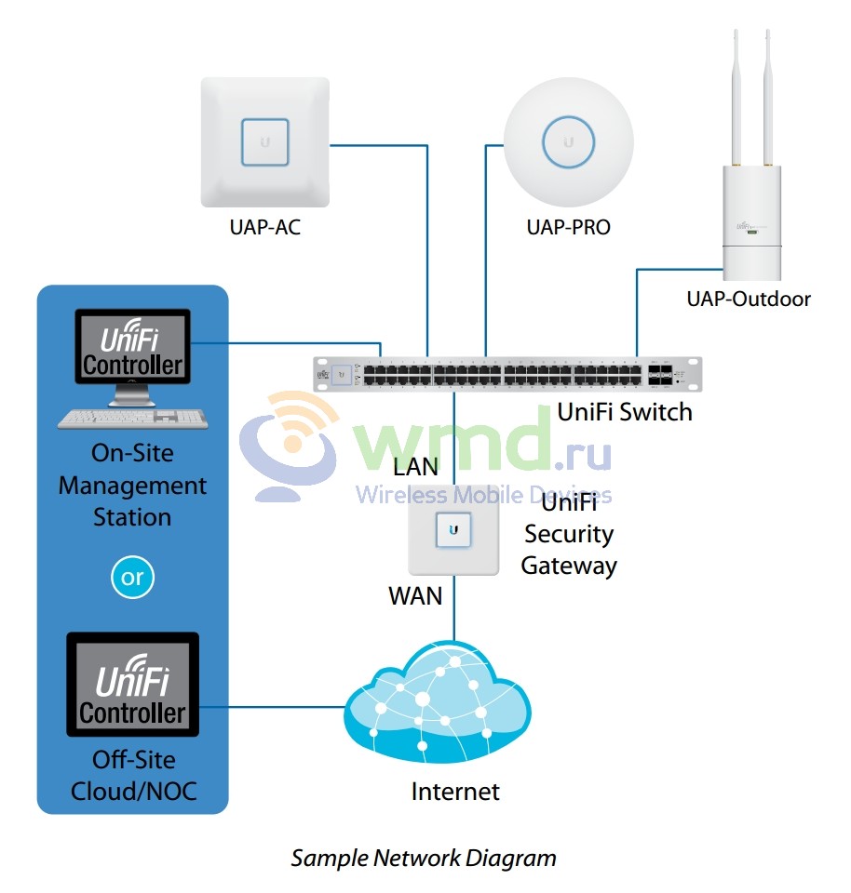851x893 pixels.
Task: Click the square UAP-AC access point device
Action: click(x=265, y=142)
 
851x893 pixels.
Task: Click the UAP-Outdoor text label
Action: click(x=749, y=299)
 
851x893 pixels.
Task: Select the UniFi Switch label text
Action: click(x=625, y=412)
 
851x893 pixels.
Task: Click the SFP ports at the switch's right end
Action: click(x=660, y=375)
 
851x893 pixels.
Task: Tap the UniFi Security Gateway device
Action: click(x=453, y=528)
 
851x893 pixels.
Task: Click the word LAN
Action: click(x=415, y=465)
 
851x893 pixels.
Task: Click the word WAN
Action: click(x=415, y=595)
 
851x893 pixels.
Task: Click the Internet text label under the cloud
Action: click(x=455, y=792)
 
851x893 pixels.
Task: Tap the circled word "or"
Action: click(x=132, y=578)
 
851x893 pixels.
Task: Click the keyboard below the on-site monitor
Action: click(x=132, y=419)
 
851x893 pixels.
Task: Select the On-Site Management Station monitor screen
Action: click(x=132, y=346)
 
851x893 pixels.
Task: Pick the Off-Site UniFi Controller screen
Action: click(x=132, y=684)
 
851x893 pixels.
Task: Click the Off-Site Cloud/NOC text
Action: click(x=132, y=776)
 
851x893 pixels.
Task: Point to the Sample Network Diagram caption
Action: click(x=424, y=858)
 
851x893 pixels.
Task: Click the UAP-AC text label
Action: click(x=265, y=227)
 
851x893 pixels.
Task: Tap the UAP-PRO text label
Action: click(x=569, y=227)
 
